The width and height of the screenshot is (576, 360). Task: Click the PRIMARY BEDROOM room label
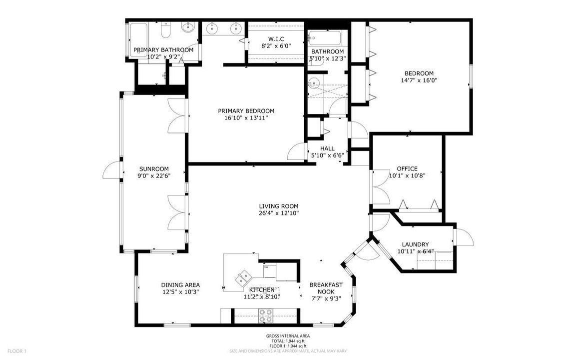click(x=246, y=111)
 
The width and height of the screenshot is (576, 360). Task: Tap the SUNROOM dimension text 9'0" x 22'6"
click(x=154, y=175)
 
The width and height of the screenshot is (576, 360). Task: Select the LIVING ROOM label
click(x=278, y=206)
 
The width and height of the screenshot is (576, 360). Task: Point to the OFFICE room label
click(x=407, y=168)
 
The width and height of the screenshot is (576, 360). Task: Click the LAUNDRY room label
click(x=415, y=244)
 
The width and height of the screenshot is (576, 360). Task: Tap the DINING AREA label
click(x=180, y=285)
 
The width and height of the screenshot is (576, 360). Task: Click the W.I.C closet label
click(x=276, y=39)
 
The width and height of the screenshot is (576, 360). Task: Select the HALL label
click(x=327, y=148)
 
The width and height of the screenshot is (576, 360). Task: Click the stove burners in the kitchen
click(x=265, y=316)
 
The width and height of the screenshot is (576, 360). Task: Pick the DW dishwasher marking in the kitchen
click(x=266, y=267)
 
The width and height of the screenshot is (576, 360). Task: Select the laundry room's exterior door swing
click(x=463, y=237)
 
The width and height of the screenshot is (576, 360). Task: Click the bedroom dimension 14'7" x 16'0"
click(x=419, y=80)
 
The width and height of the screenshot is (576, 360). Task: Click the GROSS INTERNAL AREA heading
click(x=287, y=336)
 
